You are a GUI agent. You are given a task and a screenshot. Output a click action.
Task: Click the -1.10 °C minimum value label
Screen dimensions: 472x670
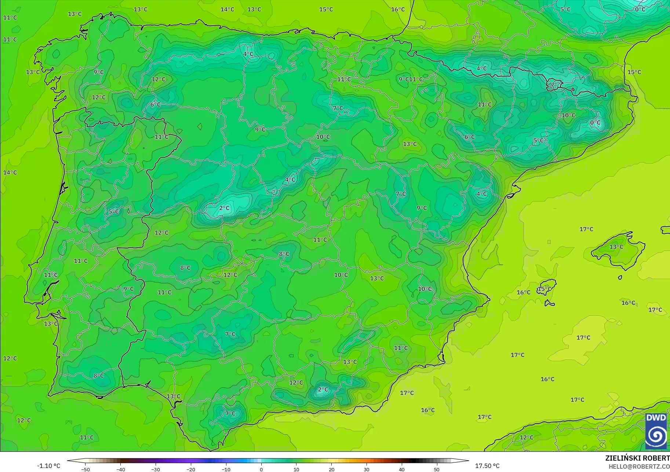pos(48,466)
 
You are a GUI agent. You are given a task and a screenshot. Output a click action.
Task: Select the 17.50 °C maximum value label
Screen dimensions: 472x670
pos(487,466)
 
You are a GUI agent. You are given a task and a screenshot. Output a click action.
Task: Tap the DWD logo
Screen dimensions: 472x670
pos(656,431)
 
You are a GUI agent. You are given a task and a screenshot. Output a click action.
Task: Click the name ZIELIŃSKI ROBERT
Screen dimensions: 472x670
pos(637,458)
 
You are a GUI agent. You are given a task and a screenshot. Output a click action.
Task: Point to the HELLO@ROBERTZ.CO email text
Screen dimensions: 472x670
pos(639,466)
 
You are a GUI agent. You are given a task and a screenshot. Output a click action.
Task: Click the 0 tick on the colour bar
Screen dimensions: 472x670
pos(261,469)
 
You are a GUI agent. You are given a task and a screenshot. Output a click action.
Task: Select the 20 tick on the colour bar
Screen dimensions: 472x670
pos(331,469)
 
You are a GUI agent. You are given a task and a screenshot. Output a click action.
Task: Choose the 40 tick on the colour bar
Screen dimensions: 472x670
pos(402,469)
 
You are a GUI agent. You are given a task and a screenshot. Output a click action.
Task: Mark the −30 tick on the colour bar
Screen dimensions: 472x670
pos(156,469)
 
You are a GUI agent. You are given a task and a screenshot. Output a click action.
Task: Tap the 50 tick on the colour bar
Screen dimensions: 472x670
pos(437,469)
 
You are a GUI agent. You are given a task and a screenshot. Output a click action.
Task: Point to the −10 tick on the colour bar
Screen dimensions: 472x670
pos(226,469)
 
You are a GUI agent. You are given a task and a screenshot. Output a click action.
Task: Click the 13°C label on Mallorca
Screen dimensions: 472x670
pos(616,247)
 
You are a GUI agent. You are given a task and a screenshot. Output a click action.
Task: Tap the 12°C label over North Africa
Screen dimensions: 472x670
pos(527,437)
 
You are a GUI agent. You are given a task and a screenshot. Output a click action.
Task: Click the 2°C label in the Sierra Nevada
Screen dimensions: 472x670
pos(323,389)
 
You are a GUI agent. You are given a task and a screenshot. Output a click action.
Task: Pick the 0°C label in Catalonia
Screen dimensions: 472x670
pos(595,122)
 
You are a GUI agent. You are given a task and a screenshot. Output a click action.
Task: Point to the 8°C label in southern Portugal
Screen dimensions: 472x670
pos(98,376)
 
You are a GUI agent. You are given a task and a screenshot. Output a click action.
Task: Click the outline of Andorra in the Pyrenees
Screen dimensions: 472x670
pos(553,85)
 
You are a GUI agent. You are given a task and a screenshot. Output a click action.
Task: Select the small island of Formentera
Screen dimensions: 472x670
pos(549,303)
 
